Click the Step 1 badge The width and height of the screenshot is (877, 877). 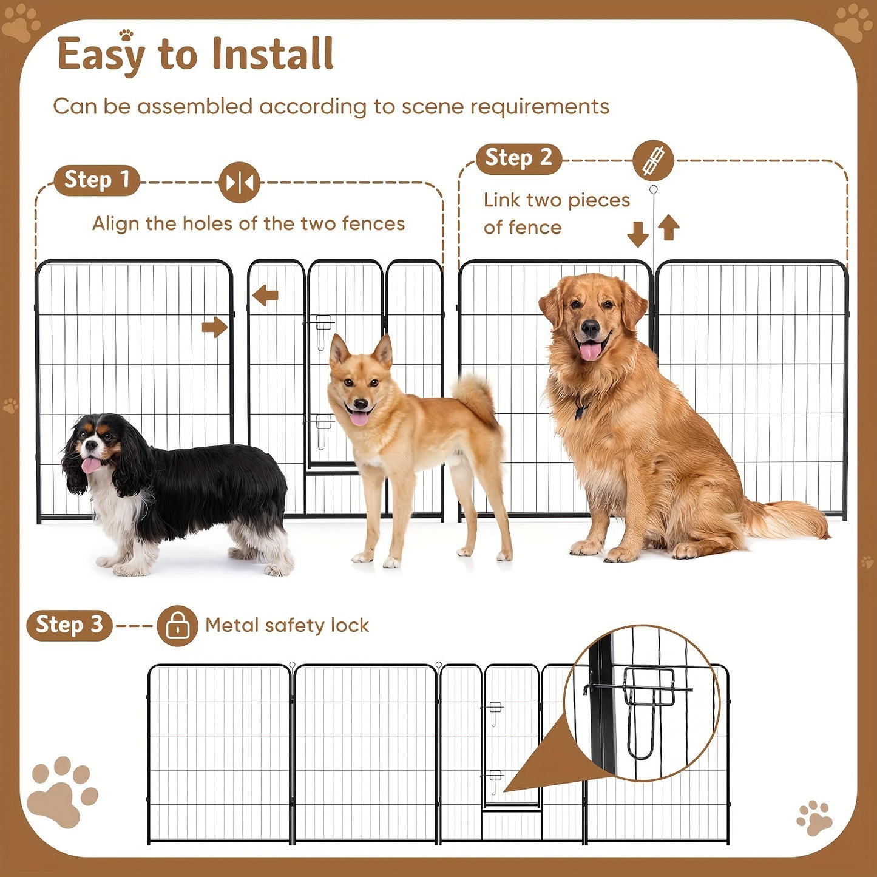click(x=97, y=180)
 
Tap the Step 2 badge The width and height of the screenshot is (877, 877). click(x=518, y=158)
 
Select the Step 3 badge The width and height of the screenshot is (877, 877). click(x=69, y=625)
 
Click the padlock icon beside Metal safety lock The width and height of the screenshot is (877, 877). click(x=177, y=626)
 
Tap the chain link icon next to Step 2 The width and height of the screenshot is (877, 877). click(x=653, y=161)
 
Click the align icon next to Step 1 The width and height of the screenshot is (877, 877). click(x=239, y=182)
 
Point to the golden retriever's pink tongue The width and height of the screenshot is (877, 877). click(x=591, y=351)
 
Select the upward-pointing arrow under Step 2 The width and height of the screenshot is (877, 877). click(x=668, y=228)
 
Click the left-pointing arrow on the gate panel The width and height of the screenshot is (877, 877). click(x=265, y=296)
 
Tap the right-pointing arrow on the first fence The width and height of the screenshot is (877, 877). click(x=214, y=327)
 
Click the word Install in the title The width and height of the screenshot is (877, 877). click(x=273, y=55)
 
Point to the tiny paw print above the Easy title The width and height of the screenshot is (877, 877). click(x=126, y=35)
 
